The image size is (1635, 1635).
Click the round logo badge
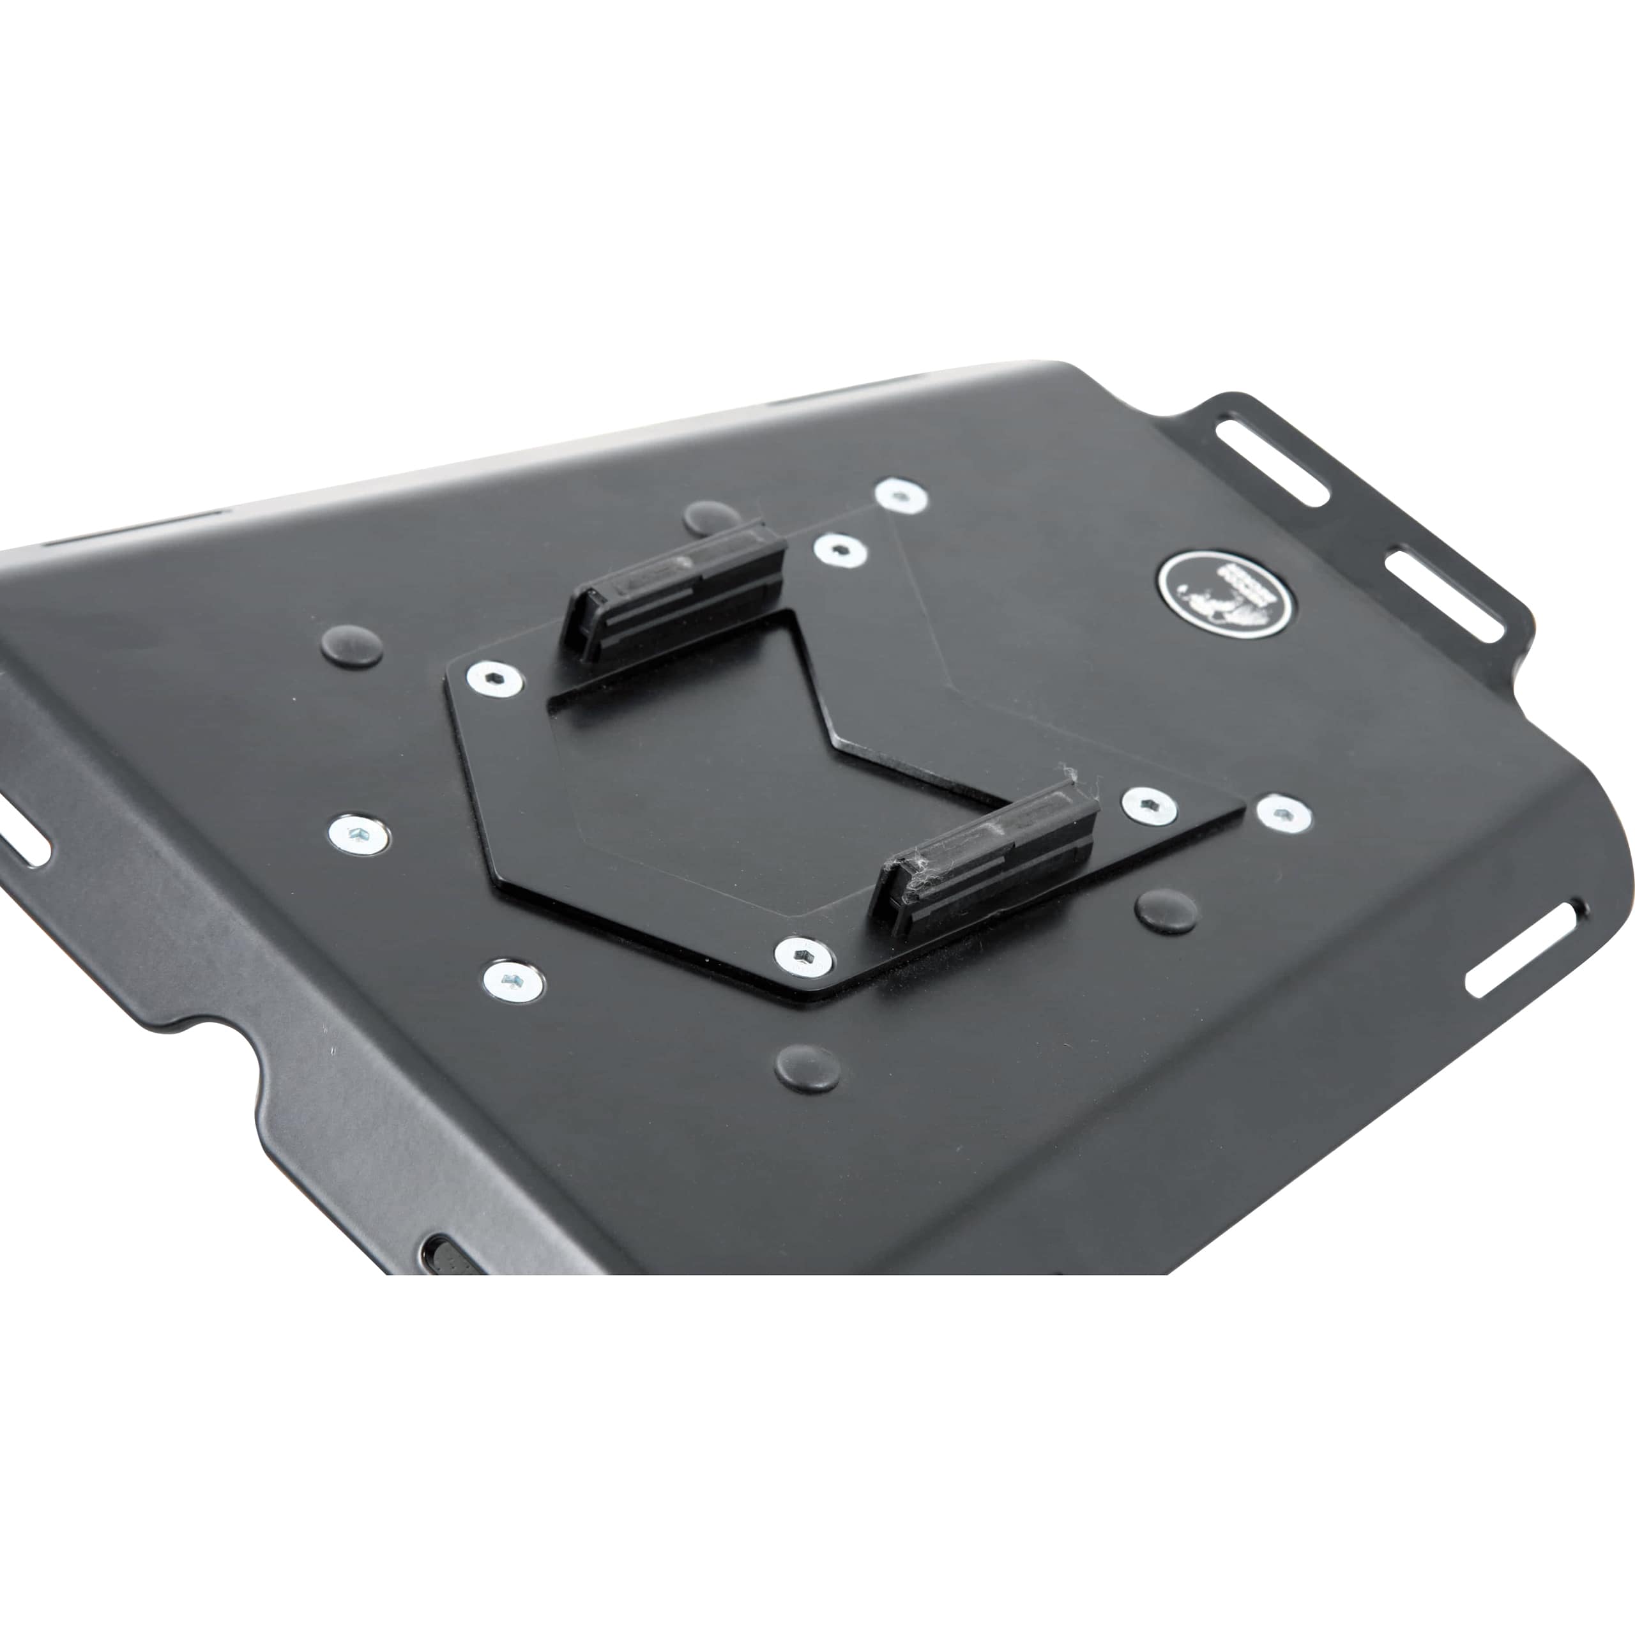coord(1226,593)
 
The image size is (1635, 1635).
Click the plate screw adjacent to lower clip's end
coord(1148,805)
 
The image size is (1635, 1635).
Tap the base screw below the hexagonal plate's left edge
coord(513,980)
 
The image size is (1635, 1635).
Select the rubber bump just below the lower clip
coord(1166,909)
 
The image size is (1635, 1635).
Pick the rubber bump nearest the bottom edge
coord(808,1068)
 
